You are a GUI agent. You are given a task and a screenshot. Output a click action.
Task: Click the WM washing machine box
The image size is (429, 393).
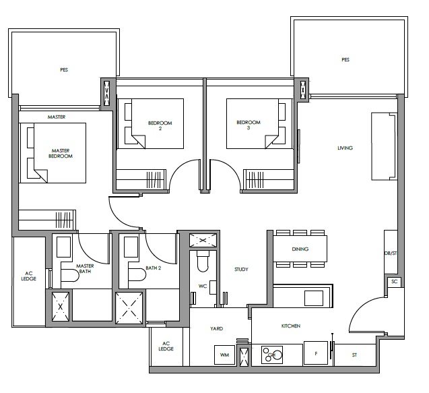point(225,355)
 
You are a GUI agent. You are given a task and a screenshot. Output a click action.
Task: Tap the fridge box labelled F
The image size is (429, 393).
point(316,353)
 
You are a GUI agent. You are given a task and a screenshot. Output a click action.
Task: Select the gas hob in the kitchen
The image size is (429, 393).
point(272,355)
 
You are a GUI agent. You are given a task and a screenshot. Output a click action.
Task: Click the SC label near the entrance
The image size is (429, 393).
point(394,282)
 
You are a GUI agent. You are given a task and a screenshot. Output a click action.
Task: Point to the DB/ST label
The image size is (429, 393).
point(391,253)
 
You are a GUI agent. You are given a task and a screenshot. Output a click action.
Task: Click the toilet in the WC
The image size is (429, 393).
point(203,262)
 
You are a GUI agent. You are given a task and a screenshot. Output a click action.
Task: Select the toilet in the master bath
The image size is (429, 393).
point(70,275)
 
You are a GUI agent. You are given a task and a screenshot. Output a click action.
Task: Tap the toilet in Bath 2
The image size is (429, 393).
point(137,274)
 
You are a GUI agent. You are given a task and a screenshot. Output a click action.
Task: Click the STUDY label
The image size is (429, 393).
point(241,270)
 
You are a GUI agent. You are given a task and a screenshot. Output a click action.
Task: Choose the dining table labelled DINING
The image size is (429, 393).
point(300,249)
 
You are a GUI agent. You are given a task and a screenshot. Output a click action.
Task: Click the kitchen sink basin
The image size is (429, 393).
point(314,298)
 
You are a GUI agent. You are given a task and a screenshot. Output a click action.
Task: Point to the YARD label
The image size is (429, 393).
point(216,329)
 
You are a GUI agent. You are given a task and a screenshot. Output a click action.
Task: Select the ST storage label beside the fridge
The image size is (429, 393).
point(354,355)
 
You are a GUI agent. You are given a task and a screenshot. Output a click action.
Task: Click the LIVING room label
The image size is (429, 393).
point(345,148)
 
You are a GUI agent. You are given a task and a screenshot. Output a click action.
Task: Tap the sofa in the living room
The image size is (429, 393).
point(384,146)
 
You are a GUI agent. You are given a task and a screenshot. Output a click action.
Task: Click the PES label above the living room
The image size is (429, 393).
point(345,59)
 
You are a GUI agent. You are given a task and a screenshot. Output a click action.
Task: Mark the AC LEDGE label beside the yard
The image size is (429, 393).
point(166,346)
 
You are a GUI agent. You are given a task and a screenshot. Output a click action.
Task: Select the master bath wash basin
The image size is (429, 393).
point(63,247)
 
